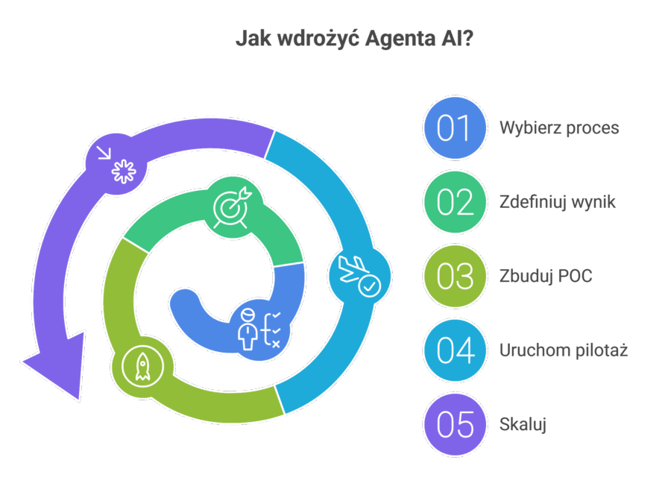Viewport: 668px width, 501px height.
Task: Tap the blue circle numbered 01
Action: tap(454, 127)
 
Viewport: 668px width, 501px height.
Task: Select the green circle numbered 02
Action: tap(454, 202)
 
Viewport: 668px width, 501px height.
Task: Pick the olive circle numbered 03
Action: tap(454, 277)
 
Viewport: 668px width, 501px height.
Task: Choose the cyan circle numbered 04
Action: tap(454, 350)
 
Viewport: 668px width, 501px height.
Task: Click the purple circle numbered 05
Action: tap(454, 425)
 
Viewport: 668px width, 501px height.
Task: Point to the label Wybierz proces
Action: tap(559, 128)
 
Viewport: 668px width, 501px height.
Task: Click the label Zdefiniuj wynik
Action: tap(557, 202)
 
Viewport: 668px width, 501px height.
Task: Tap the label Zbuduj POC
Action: tap(546, 277)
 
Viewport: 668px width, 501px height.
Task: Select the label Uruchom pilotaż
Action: tap(563, 350)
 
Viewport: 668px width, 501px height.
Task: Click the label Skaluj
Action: tap(523, 425)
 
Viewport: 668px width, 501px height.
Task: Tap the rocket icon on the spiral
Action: tap(142, 367)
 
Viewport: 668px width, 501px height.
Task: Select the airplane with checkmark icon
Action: tap(359, 277)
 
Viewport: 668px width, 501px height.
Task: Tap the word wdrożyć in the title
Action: tap(314, 39)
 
